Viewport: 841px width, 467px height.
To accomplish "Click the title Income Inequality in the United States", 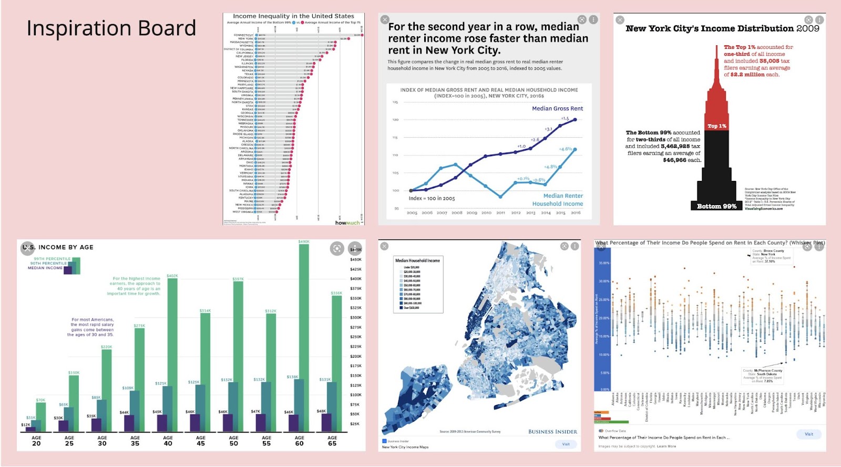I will coord(293,16).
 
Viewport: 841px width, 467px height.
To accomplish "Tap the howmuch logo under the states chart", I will coord(347,223).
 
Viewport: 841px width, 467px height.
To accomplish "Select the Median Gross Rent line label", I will coord(557,108).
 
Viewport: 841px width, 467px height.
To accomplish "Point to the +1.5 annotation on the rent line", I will coord(565,119).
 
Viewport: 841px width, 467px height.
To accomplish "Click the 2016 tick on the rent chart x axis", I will coord(576,213).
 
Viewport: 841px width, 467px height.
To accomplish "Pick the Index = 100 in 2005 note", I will coord(432,198).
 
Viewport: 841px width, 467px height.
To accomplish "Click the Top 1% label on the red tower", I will coord(716,126).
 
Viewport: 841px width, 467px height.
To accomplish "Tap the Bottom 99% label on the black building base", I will coord(716,206).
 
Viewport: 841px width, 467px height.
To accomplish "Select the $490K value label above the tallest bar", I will coord(304,242).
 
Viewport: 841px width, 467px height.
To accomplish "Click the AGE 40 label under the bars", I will coord(168,441).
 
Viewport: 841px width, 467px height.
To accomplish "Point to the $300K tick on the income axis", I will coord(356,318).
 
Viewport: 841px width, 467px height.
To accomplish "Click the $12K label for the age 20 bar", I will coord(26,424).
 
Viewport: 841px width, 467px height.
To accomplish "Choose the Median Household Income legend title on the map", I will coord(417,261).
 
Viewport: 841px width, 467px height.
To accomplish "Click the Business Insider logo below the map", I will coord(552,432).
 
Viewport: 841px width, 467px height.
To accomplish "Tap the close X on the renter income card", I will coord(385,19).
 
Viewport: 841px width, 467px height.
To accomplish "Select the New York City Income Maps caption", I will coord(405,447).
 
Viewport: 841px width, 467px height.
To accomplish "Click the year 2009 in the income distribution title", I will coord(807,28).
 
